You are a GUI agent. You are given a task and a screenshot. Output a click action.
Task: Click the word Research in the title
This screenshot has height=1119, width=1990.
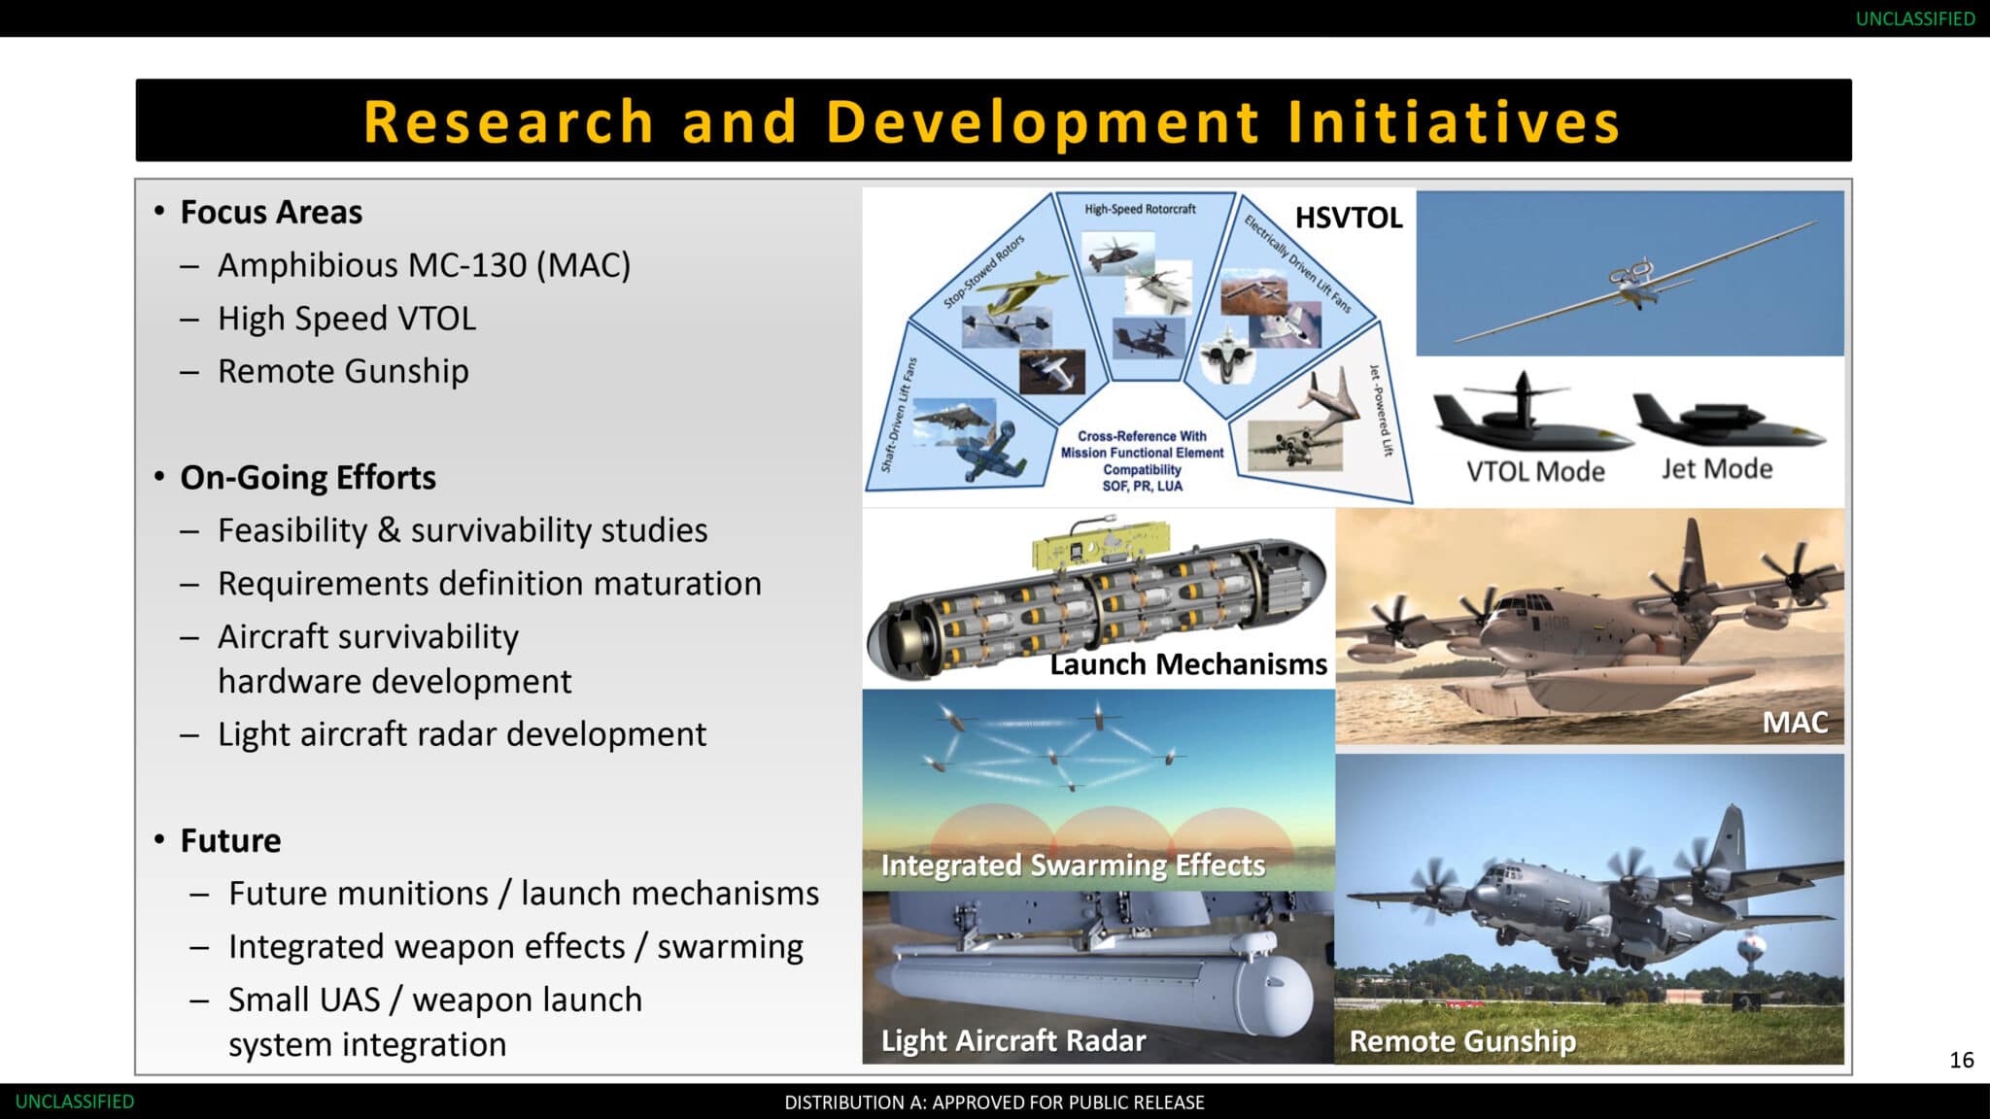(x=508, y=122)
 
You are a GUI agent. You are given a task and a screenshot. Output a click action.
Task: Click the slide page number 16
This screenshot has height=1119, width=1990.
(x=1961, y=1060)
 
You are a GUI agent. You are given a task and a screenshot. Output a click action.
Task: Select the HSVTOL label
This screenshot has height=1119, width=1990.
(x=1349, y=218)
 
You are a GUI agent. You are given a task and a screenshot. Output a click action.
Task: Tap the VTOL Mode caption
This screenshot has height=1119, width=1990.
(x=1535, y=471)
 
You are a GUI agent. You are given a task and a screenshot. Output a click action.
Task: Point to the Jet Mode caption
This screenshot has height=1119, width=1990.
(x=1717, y=469)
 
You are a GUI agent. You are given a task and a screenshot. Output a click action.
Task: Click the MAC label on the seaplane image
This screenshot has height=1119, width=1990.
(x=1795, y=722)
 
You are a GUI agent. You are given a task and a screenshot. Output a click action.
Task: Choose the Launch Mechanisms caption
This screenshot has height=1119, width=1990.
(x=1188, y=664)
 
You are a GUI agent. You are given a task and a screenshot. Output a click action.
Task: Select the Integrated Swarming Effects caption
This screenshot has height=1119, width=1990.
(x=1073, y=865)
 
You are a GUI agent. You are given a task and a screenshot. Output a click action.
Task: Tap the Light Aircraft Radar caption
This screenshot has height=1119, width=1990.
(x=1013, y=1041)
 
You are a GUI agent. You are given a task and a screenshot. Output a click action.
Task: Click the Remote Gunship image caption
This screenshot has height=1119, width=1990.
(x=1462, y=1041)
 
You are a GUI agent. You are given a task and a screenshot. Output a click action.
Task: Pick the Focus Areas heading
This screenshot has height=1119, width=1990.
(x=271, y=213)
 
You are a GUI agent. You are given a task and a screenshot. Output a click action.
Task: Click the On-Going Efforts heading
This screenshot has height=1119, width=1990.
(x=308, y=478)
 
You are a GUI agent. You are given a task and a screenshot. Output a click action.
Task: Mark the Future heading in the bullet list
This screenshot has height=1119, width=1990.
(x=230, y=840)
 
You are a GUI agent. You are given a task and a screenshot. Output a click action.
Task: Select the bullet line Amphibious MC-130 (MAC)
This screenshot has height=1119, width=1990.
(x=424, y=265)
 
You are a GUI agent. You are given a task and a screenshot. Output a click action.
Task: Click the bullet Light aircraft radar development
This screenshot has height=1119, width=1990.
(x=462, y=734)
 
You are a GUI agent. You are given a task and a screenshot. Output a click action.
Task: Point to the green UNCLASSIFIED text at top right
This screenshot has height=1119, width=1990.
(x=1915, y=18)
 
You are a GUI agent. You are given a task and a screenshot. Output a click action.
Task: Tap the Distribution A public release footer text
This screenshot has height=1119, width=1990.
(x=994, y=1102)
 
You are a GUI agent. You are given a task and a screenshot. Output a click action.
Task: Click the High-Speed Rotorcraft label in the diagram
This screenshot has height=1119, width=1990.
(x=1140, y=209)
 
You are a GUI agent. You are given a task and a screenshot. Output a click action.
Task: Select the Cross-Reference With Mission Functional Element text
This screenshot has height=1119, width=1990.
(x=1142, y=445)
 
